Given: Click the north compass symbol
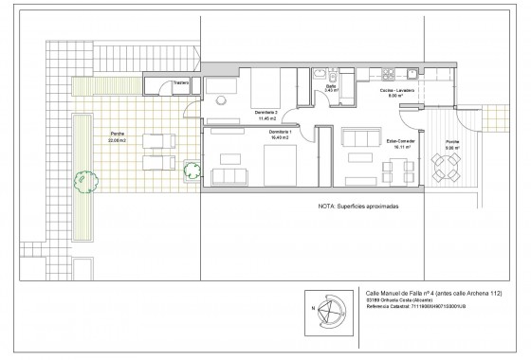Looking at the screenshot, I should click(329, 308).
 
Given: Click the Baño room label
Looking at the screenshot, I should click(331, 87).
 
